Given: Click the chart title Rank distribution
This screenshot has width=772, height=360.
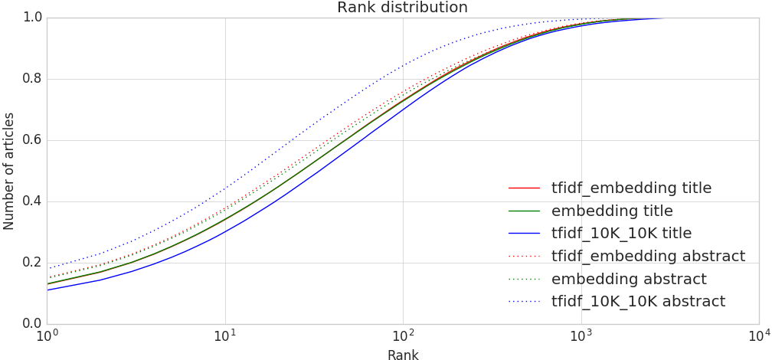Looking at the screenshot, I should click(x=402, y=8).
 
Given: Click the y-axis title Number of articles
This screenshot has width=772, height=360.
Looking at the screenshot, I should click(x=9, y=170).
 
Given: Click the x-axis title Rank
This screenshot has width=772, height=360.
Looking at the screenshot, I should click(x=402, y=354).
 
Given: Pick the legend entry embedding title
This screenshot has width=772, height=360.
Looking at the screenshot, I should click(x=612, y=211).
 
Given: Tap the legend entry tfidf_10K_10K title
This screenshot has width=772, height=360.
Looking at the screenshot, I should click(x=621, y=234).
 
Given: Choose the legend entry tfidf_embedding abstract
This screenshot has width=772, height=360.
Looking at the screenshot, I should click(x=648, y=256).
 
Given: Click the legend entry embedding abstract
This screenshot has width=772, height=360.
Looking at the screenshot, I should click(x=629, y=279).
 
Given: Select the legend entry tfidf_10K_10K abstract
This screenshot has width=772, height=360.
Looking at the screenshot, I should click(x=638, y=301).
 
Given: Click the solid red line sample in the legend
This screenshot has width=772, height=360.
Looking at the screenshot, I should click(x=525, y=188).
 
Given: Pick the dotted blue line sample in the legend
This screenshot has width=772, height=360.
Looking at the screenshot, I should click(x=525, y=301).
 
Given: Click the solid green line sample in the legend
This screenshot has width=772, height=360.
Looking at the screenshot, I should click(x=525, y=211).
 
